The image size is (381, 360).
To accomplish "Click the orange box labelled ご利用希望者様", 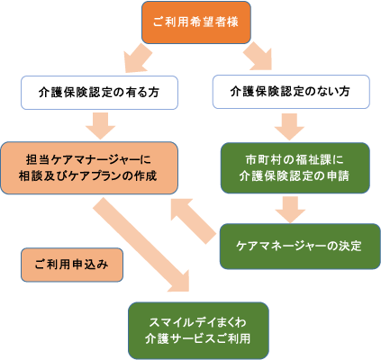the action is point(196,22).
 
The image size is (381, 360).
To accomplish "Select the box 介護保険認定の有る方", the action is point(99,93).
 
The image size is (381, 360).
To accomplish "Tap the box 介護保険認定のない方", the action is point(291,92).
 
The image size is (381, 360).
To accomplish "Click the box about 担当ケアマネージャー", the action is point(89,168).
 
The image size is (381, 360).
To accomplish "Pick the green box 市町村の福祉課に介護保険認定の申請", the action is point(295,167).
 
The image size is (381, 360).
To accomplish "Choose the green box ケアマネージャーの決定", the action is point(300,246).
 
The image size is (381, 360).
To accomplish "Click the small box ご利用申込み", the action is point(72,265).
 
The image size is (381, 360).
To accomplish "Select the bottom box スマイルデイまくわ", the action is point(198,330).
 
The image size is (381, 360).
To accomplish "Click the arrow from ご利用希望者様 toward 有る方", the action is point(138,58).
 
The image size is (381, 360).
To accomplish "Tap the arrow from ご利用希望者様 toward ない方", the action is point(258,56).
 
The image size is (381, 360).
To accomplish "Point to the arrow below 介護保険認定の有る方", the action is point(100,126).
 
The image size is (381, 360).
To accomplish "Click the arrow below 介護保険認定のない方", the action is point(289,127).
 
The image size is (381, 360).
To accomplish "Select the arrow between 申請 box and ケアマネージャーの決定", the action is point(290,210).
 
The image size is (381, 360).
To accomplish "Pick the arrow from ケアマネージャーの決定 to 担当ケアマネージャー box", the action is point(194,221).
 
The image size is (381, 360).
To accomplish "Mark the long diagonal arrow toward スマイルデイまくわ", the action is point(141,244).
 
